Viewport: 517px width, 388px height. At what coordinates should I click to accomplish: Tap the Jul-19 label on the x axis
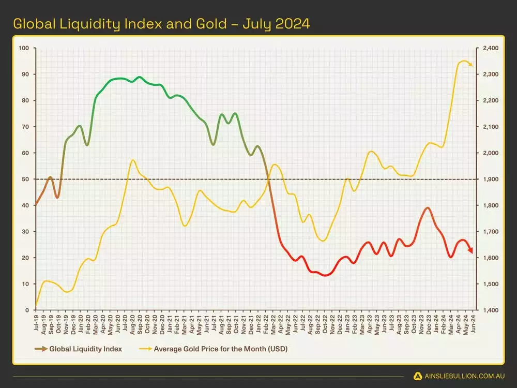tap(36, 323)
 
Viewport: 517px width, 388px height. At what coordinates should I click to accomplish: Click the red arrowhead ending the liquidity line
tap(470, 250)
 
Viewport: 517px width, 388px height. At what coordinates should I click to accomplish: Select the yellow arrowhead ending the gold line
tap(470, 65)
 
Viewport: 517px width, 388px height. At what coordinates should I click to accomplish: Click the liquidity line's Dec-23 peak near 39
tap(427, 208)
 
